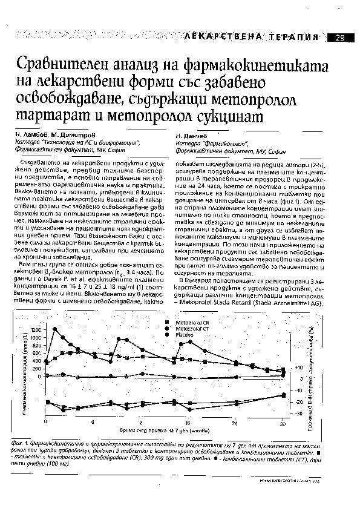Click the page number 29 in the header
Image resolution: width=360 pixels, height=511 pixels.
pos(339,38)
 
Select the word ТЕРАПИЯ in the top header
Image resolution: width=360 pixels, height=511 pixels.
pos(295,38)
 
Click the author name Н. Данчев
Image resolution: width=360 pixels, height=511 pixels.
pos(191,137)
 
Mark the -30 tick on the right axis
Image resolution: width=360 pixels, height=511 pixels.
pos(298,414)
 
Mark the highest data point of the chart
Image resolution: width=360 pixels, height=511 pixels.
pos(55,329)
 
